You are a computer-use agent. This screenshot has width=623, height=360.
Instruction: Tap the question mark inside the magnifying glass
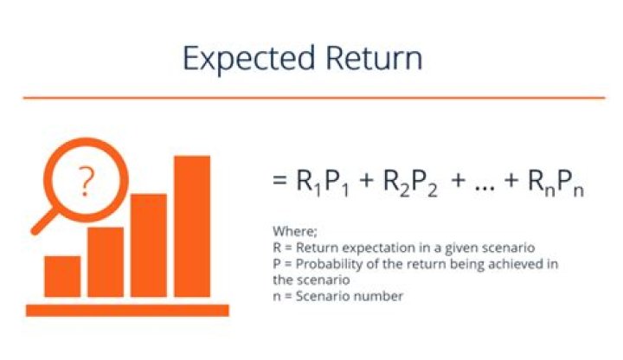pos(85,183)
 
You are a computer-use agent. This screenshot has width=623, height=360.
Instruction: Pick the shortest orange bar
pos(62,276)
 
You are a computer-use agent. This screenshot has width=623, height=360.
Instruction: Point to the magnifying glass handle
pos(42,222)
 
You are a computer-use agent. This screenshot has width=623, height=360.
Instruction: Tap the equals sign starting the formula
pos(279,182)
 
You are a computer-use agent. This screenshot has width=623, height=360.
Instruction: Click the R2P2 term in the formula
pos(408,183)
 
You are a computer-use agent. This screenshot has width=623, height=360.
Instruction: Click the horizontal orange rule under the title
pos(311,97)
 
